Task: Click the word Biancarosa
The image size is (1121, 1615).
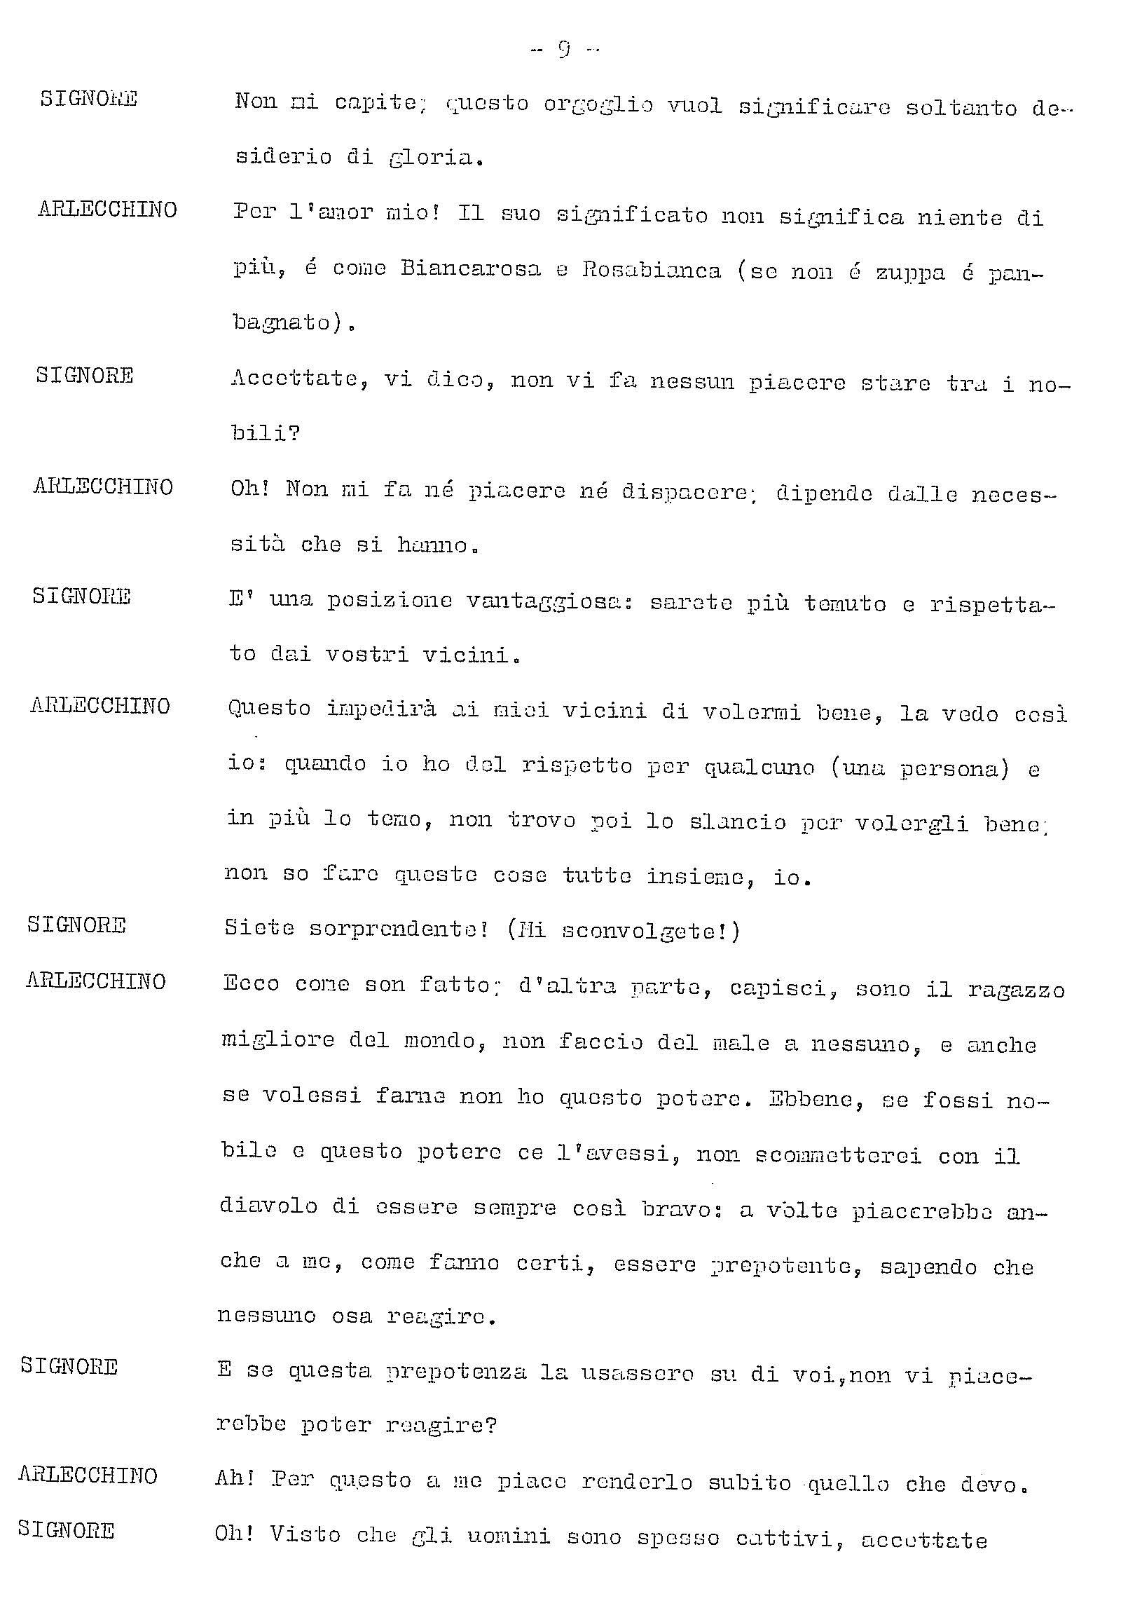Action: coord(471,269)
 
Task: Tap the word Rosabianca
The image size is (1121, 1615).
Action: coord(651,271)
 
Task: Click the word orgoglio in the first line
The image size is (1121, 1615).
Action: coord(598,105)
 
